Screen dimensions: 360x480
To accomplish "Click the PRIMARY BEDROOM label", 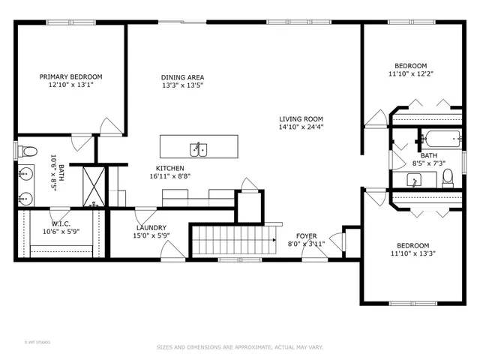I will [x=70, y=76].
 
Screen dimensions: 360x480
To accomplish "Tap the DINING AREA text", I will [x=182, y=77].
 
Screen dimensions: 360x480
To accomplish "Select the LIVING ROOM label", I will [x=301, y=118].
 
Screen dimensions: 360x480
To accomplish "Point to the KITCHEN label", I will [x=169, y=168].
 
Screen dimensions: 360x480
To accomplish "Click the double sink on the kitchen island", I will [x=199, y=148].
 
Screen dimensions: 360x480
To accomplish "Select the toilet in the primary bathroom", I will [x=28, y=152].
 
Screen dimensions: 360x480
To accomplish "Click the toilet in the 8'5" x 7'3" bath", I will [x=448, y=177].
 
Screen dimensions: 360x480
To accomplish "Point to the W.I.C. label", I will [x=61, y=223].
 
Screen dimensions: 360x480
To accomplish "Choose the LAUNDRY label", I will [x=151, y=228].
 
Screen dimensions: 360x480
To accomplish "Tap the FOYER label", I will [x=306, y=236].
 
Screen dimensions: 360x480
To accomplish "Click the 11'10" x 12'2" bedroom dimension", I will [x=412, y=74].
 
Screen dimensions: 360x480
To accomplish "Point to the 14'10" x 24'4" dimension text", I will [x=301, y=127].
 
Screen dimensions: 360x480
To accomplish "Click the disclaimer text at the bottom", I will [x=239, y=347].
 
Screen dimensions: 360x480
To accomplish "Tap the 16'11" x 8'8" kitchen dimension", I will [x=169, y=176].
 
